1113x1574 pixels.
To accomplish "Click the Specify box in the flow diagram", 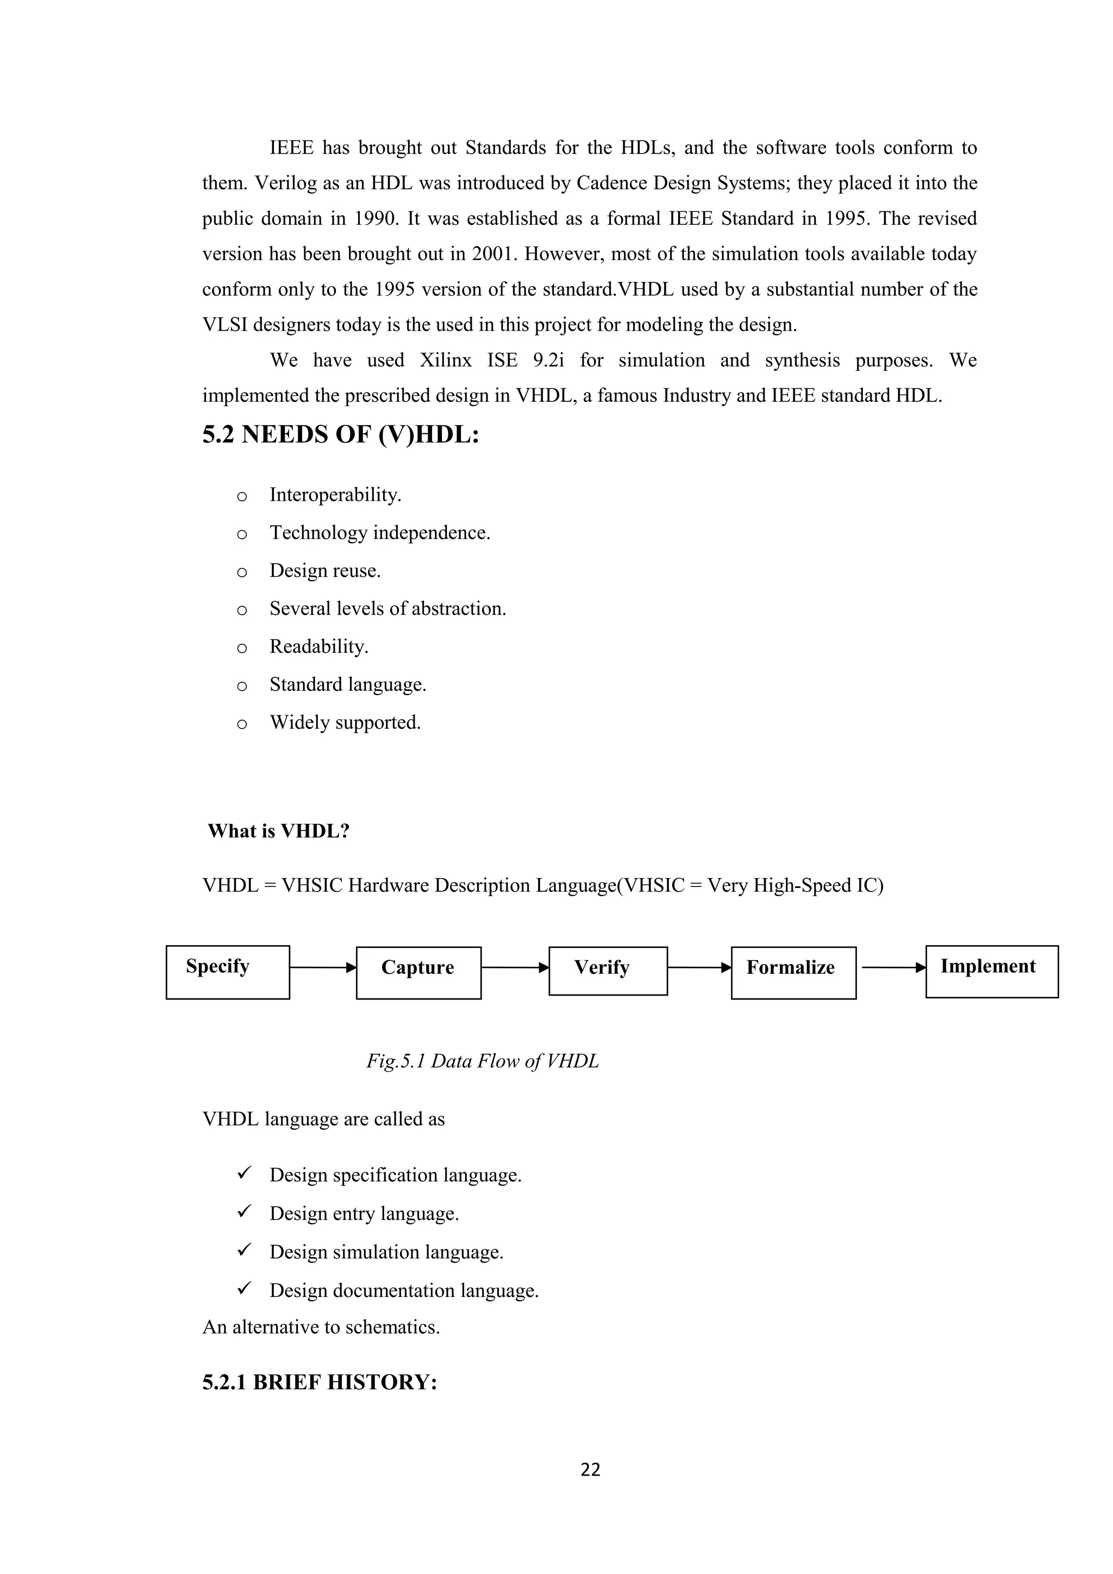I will [228, 972].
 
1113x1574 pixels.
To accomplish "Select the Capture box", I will [418, 973].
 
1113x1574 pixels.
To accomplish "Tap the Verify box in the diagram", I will [608, 971].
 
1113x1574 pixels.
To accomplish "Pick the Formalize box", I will [793, 973].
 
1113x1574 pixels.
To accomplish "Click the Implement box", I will [992, 972].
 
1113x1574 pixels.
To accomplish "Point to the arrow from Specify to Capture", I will [322, 968].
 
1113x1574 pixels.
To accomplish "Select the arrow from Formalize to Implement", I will [893, 968].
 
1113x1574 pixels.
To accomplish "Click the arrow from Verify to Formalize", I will [699, 968].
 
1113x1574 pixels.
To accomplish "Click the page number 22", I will [590, 1469].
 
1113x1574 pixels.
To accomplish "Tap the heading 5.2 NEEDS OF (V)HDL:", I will [340, 435].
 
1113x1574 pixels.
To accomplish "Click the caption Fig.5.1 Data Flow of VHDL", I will [482, 1061].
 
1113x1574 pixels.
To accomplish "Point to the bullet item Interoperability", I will [335, 495].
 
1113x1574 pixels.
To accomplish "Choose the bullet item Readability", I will [318, 646].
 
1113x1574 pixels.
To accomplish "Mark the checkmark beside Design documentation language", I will [244, 1288].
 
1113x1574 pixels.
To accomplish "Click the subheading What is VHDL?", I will [278, 831].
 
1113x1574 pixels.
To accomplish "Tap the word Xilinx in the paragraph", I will [445, 361].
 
